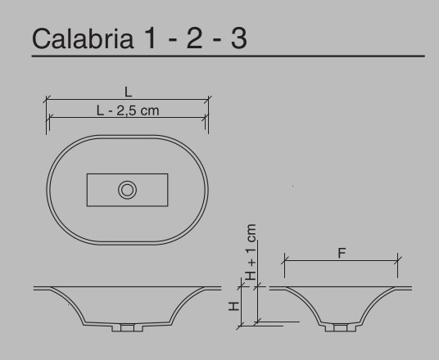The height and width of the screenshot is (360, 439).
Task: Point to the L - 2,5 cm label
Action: point(128,110)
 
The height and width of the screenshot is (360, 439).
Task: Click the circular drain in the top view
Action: point(127,191)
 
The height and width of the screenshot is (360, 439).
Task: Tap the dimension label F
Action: point(342,254)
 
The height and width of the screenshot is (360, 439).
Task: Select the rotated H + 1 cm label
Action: point(251,251)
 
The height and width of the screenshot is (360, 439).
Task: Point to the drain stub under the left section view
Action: point(127,327)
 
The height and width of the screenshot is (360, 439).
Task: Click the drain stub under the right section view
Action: point(340,327)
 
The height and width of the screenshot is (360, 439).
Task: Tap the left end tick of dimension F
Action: point(285,262)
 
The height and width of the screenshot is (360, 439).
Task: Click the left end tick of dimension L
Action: point(46,101)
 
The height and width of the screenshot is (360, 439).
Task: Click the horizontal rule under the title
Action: point(229,57)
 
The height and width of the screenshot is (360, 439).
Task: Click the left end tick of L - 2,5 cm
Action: point(50,118)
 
